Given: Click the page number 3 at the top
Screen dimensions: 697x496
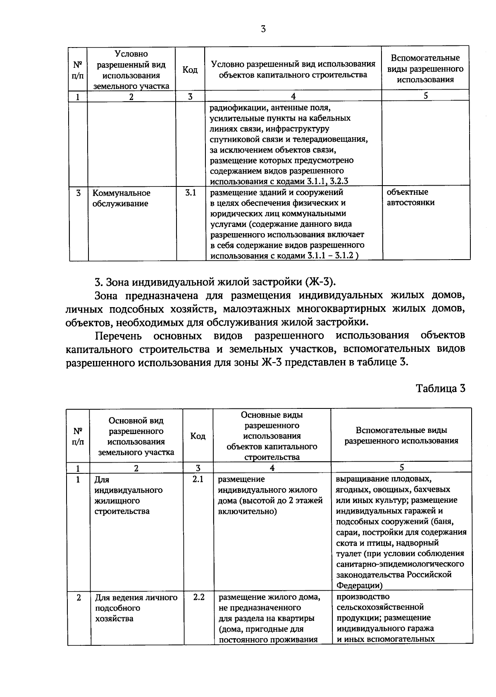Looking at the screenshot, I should pyautogui.click(x=263, y=29).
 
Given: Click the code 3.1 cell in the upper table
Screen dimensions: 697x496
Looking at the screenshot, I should pyautogui.click(x=190, y=192).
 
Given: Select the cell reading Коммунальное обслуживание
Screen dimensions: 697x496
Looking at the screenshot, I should pyautogui.click(x=121, y=198).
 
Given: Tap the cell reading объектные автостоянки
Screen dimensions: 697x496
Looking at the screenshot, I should pyautogui.click(x=410, y=197).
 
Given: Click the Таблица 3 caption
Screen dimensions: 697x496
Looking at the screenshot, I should pyautogui.click(x=441, y=389).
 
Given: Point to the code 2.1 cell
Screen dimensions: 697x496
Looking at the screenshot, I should pyautogui.click(x=198, y=480).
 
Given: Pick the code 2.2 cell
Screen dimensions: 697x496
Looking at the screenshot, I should pyautogui.click(x=199, y=597).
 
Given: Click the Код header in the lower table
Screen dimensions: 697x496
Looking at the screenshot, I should pyautogui.click(x=198, y=436).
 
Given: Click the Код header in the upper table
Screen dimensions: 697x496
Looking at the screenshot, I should pyautogui.click(x=190, y=69).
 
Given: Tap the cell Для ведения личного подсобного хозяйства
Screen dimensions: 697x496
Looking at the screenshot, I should pyautogui.click(x=136, y=608).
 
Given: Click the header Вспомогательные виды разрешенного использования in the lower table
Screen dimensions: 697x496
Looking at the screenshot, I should pyautogui.click(x=401, y=435).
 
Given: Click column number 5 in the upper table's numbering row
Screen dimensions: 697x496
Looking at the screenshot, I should pyautogui.click(x=425, y=95).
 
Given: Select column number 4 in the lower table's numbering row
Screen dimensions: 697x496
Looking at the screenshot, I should pyautogui.click(x=272, y=468).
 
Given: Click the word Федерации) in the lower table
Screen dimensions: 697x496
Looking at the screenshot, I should pyautogui.click(x=359, y=585).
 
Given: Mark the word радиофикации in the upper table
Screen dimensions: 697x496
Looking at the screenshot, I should pyautogui.click(x=234, y=108).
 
